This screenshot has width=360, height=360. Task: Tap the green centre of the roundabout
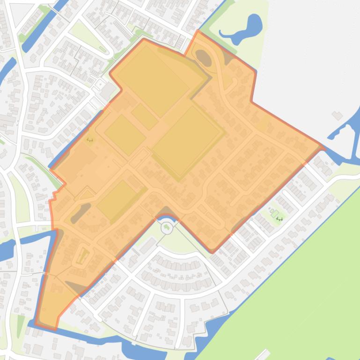pyautogui.click(x=167, y=228)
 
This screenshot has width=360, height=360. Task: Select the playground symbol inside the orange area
pyautogui.click(x=89, y=139)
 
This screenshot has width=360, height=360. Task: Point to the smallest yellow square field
pyautogui.click(x=144, y=116)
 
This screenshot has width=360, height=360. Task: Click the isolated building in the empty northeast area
pyautogui.click(x=337, y=115)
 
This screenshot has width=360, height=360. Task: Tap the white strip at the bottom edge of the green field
pyautogui.click(x=263, y=354)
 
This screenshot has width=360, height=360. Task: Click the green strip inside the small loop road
pyautogui.click(x=83, y=256)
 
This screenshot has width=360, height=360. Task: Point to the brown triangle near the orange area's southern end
pyautogui.click(x=75, y=286)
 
